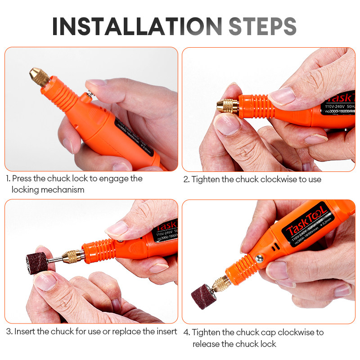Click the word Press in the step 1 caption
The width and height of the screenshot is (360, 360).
coord(22,179)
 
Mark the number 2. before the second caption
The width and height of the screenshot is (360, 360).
coord(186,179)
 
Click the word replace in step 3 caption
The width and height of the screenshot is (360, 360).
coord(128,332)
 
